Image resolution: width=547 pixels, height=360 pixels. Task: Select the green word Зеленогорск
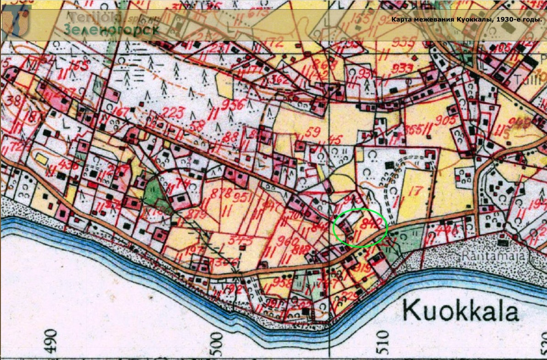click(x=112, y=29)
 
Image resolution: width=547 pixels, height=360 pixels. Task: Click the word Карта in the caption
click(x=401, y=20)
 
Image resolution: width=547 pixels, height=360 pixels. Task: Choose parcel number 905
click(x=446, y=121)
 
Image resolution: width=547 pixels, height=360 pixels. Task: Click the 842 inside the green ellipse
click(x=372, y=223)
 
